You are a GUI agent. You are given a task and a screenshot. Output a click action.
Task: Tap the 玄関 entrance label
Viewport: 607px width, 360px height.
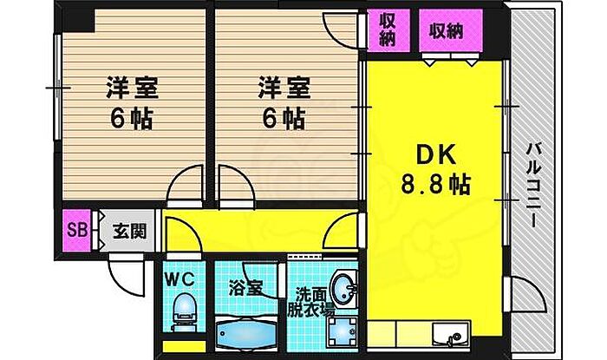129,232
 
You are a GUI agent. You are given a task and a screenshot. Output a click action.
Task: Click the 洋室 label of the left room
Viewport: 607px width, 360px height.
130,88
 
